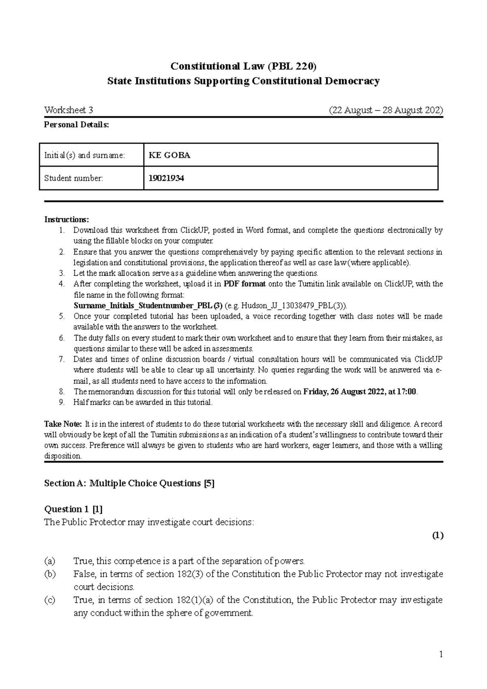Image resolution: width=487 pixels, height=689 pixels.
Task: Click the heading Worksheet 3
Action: [x=69, y=110]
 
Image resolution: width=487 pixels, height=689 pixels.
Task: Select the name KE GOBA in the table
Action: [x=170, y=155]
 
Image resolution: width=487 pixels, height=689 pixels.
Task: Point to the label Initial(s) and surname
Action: [x=84, y=155]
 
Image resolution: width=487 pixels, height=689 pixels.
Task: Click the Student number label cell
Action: [x=73, y=178]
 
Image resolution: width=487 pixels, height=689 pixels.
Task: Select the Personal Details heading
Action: [x=76, y=125]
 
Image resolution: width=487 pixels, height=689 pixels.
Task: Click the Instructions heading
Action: [x=66, y=220]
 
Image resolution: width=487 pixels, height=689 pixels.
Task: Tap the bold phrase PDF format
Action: [x=244, y=284]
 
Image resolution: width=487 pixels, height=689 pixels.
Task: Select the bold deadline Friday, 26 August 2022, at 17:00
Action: [x=360, y=392]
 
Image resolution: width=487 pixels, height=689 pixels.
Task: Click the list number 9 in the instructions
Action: [x=61, y=403]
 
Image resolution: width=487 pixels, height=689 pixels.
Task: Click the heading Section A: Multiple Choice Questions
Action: [x=129, y=483]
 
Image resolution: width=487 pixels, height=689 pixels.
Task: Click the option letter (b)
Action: [x=49, y=574]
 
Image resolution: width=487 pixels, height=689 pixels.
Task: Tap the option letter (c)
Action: [x=49, y=600]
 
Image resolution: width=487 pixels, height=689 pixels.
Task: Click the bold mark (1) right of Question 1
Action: [x=437, y=536]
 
